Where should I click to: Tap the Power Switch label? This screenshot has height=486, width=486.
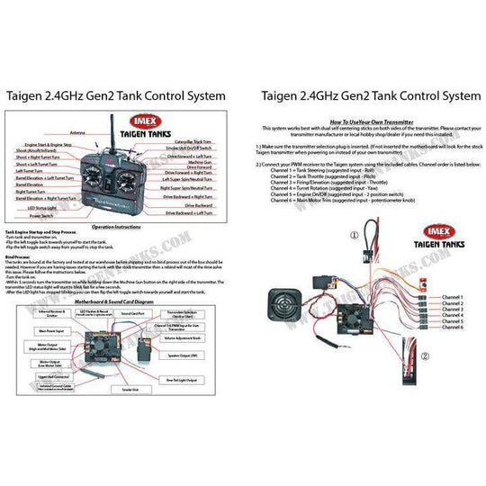[x=40, y=216]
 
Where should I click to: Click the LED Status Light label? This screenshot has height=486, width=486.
[x=41, y=208]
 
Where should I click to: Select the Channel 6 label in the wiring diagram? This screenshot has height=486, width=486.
[x=448, y=328]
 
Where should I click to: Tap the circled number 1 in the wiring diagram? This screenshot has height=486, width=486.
[x=354, y=236]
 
